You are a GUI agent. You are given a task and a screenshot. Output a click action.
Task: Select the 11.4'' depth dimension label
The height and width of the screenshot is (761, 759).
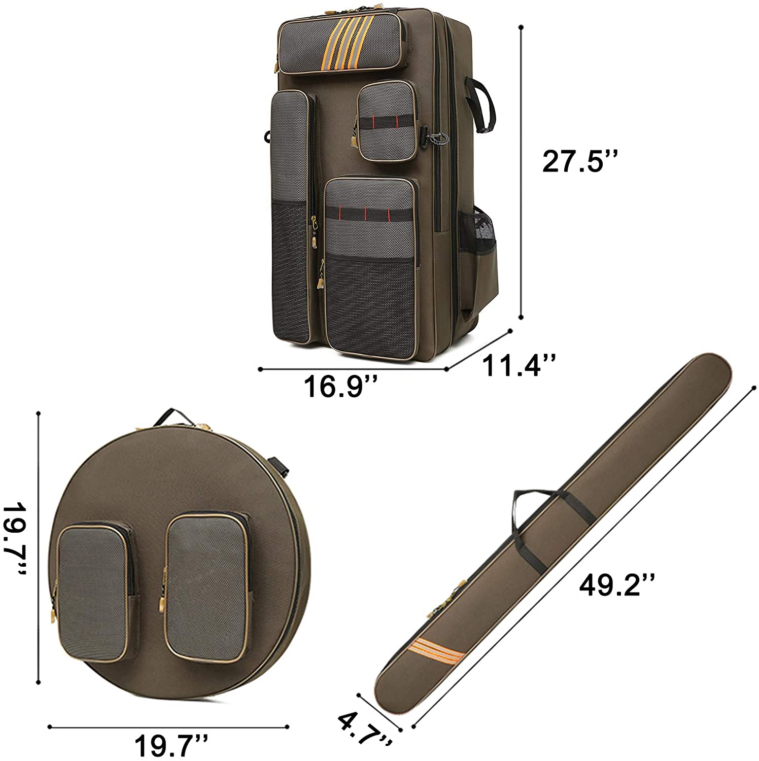coord(520,366)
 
